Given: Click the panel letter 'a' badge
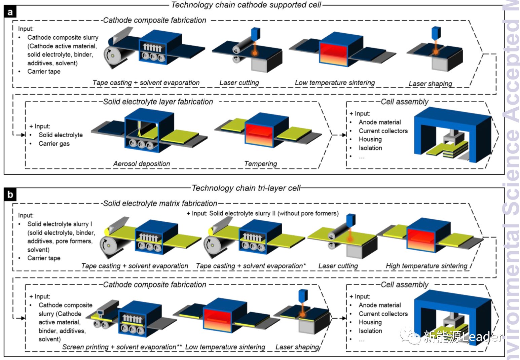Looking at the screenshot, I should pos(10,12).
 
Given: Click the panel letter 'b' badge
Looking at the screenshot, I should pos(10,195).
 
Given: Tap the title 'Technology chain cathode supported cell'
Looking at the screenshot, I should pos(246,5).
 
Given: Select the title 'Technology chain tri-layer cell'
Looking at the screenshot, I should pos(246,188).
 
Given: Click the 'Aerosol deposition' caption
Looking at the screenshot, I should pos(142,164).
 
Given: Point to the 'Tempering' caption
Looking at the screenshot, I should pos(261,164).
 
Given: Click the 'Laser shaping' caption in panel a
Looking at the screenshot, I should pos(430,83).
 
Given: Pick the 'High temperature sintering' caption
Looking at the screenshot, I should pos(426,266).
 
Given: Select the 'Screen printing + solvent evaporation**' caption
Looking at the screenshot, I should pos(122,347).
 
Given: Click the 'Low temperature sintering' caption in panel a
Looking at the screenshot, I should pos(335,83).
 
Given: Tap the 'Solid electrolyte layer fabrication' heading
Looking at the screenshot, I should pos(158,102).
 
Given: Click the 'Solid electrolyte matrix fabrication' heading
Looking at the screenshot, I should pos(160,204).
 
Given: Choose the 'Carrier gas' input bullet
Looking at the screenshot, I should pos(54,144).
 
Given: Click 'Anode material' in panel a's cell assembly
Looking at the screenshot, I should pos(380,122).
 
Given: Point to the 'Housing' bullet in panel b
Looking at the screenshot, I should pos(370,322).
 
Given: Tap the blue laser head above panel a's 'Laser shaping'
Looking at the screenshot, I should pos(436,32).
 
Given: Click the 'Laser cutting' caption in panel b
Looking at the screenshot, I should pos(338,266).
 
